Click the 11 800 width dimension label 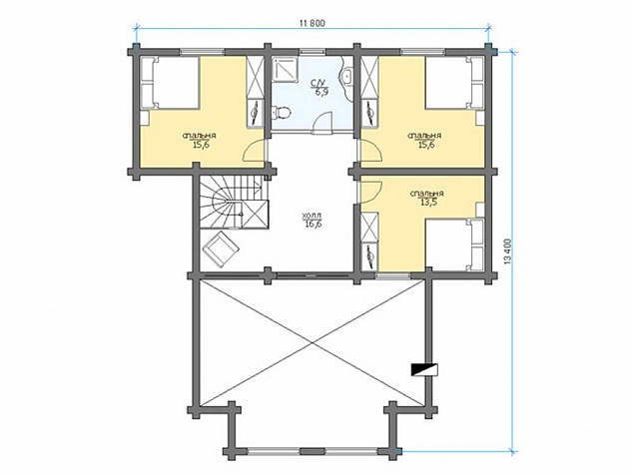click(x=313, y=23)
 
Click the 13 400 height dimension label click(x=508, y=252)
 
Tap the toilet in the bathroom click(x=281, y=112)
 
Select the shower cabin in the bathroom click(x=285, y=70)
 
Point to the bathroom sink click(x=346, y=76)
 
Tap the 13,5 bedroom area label click(x=427, y=203)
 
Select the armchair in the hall click(x=222, y=248)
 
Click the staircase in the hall click(x=234, y=203)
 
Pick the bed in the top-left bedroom click(x=170, y=83)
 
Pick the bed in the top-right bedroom click(x=454, y=83)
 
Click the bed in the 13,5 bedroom click(x=455, y=244)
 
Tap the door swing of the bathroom click(x=322, y=123)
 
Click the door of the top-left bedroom click(x=255, y=150)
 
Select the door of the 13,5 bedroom click(x=369, y=193)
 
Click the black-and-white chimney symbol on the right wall click(x=424, y=369)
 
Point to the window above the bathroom click(x=313, y=51)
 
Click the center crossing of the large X click(x=313, y=342)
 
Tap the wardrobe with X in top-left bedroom click(x=255, y=77)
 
